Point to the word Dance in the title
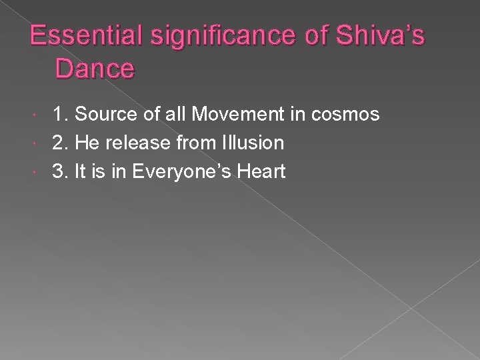point(96,67)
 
